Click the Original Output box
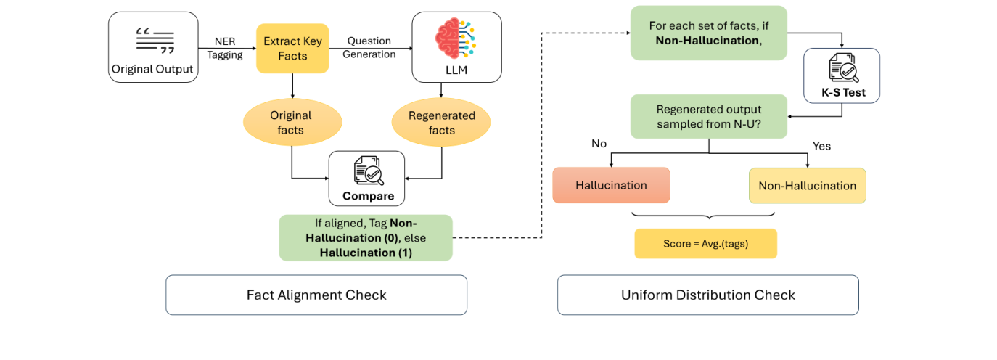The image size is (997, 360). (153, 47)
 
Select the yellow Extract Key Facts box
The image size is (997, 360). (292, 49)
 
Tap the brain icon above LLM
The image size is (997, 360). (456, 38)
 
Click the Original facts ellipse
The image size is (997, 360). (291, 123)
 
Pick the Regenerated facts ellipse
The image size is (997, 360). (441, 123)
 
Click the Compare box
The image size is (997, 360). (368, 179)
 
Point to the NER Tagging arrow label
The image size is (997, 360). (225, 48)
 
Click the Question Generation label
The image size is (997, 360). (369, 47)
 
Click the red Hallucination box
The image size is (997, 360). (611, 185)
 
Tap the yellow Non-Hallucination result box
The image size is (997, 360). (807, 186)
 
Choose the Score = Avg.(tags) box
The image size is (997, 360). (705, 244)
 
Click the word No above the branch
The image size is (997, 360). (599, 144)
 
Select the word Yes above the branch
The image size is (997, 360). (821, 146)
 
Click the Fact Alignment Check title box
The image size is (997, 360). (316, 295)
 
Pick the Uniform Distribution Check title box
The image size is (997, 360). (707, 295)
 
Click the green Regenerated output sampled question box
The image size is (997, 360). (708, 116)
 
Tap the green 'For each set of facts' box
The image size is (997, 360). (708, 33)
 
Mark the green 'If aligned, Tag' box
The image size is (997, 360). (366, 237)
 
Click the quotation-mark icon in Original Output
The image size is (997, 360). (155, 41)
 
